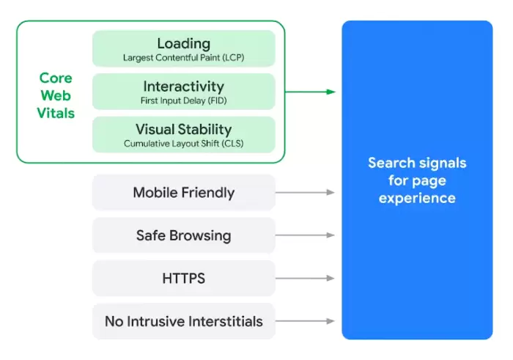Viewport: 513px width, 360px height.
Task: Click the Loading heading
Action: pos(183,43)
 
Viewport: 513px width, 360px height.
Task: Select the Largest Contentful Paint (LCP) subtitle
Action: pos(183,58)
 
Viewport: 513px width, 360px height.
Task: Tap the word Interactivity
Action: pos(183,87)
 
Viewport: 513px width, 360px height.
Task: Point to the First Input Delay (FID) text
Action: pos(183,100)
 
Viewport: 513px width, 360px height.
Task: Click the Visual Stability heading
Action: pos(183,129)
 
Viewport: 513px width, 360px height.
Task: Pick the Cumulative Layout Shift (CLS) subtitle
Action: pos(183,144)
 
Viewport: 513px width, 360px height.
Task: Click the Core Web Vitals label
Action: pos(56,95)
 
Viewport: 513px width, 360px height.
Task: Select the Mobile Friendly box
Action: pos(183,192)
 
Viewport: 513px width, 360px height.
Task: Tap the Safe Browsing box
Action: pos(183,235)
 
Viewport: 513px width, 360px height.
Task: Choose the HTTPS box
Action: pos(183,278)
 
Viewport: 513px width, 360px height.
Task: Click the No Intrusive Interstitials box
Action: pos(183,321)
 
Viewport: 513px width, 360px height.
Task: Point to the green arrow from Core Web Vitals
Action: pos(310,92)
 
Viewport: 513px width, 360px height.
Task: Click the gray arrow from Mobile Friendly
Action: pos(305,192)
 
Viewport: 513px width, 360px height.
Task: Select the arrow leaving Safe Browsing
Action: pos(305,235)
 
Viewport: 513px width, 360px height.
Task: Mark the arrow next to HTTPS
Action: pos(305,278)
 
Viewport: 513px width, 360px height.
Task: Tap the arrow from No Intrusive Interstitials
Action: pos(305,321)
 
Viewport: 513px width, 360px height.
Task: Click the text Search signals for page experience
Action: pos(417,180)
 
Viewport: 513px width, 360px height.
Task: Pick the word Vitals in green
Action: pos(56,113)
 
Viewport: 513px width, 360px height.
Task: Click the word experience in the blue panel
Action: pos(417,198)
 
